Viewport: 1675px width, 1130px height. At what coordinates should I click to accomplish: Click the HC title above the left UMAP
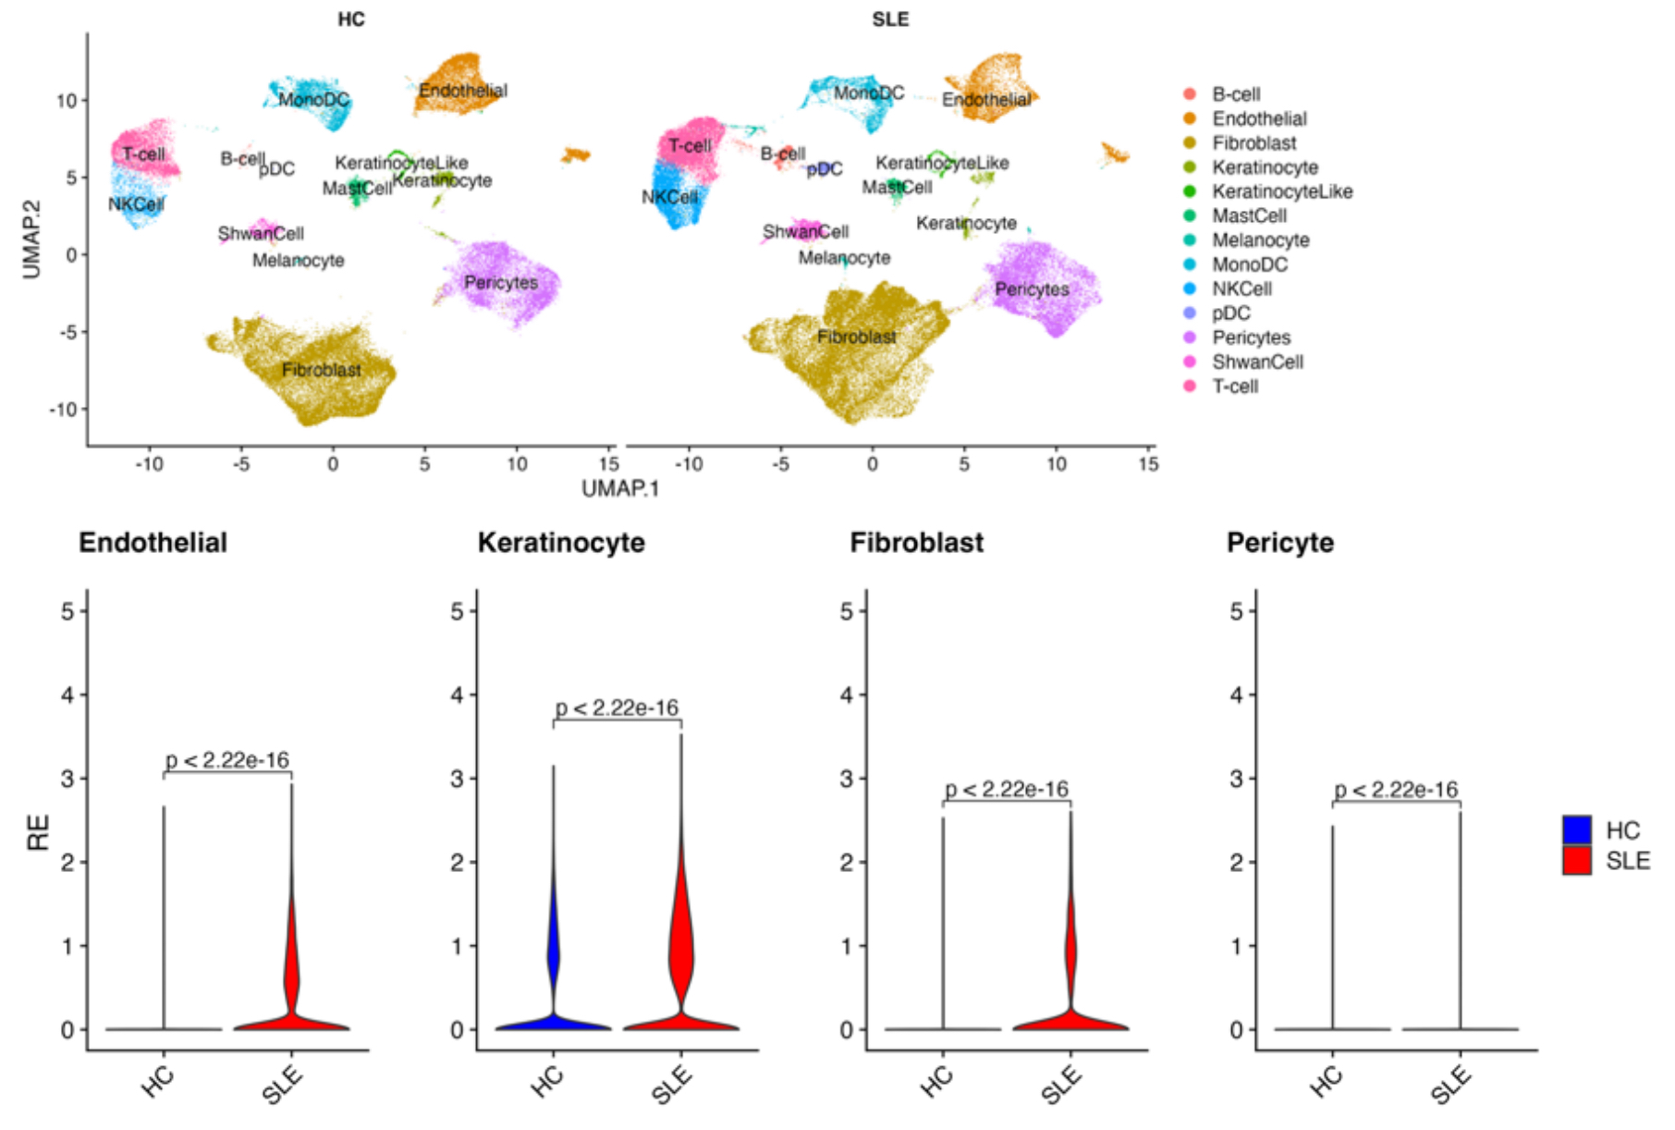[x=351, y=19]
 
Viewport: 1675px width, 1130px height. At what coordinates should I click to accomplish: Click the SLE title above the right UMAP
[x=890, y=19]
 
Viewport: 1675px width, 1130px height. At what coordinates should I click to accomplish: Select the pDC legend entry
[x=1230, y=313]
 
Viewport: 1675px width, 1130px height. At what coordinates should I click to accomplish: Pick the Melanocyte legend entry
[x=1260, y=240]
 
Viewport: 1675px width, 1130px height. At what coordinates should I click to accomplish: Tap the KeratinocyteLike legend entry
[x=1281, y=191]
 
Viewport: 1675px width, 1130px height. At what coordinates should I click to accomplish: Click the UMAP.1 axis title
[x=620, y=488]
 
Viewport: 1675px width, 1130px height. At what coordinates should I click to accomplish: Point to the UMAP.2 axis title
[x=32, y=239]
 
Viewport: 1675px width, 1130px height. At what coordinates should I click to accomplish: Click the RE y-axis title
[x=38, y=833]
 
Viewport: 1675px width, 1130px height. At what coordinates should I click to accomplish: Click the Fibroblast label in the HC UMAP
[x=322, y=370]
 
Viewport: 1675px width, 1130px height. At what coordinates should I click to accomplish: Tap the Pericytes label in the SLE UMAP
[x=1032, y=289]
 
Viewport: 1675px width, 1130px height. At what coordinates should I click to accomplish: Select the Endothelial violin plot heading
[x=153, y=543]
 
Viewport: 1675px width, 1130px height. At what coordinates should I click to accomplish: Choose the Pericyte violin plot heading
[x=1279, y=543]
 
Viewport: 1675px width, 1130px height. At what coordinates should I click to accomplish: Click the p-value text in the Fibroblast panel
[x=1007, y=789]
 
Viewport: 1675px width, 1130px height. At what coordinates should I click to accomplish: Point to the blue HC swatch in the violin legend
[x=1577, y=829]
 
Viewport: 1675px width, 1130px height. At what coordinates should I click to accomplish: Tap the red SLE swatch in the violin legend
[x=1577, y=861]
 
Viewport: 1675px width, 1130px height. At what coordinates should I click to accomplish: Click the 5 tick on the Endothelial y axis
[x=67, y=610]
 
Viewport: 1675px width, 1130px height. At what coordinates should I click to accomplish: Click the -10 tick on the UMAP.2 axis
[x=64, y=409]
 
